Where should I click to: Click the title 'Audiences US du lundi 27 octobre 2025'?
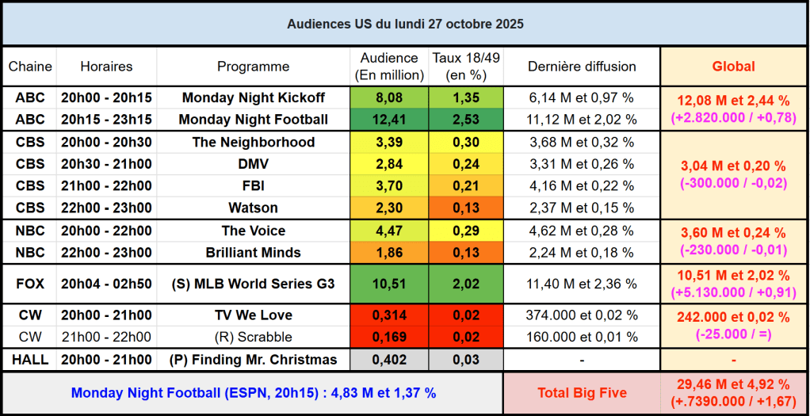click(x=405, y=24)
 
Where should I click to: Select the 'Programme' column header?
click(x=254, y=67)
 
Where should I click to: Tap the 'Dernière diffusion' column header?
click(x=582, y=67)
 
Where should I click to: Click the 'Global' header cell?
click(x=733, y=67)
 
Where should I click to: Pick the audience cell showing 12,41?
click(x=388, y=120)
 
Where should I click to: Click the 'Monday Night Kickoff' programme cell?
click(x=254, y=97)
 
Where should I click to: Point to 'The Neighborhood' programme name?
click(x=254, y=142)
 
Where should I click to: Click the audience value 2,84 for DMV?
click(x=388, y=164)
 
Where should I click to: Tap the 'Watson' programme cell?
click(x=254, y=208)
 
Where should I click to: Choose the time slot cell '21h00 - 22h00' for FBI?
click(x=106, y=186)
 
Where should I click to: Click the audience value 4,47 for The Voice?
click(x=388, y=231)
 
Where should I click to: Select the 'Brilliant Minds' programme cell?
click(x=254, y=253)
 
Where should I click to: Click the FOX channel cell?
click(x=30, y=284)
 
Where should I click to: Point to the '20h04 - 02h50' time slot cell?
click(x=106, y=284)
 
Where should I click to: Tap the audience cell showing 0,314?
click(x=388, y=315)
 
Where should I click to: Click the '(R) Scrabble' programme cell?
click(x=254, y=337)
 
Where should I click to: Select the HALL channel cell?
click(x=30, y=360)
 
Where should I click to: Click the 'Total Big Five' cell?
click(x=582, y=393)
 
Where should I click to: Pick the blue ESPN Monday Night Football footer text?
click(x=254, y=393)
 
